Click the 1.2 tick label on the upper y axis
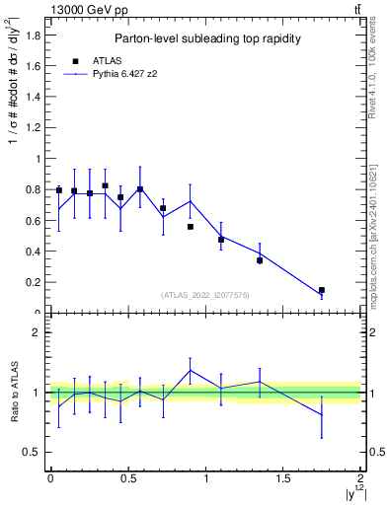tap(34, 127)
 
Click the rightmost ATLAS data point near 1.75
tap(322, 290)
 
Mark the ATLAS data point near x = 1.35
tap(260, 260)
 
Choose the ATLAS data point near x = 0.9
tap(191, 227)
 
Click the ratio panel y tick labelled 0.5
tap(34, 452)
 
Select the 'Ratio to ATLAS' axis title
tap(13, 392)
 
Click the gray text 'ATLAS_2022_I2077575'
tap(204, 294)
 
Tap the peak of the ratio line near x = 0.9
tap(191, 371)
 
